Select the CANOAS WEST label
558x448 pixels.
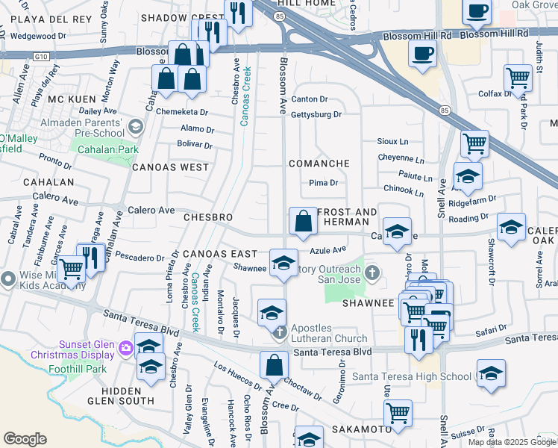coord(171,167)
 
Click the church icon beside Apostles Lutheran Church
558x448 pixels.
coord(279,332)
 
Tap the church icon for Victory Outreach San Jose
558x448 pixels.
coord(372,273)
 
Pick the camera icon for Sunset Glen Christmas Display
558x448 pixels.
coord(125,347)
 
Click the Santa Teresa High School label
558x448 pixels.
coord(412,376)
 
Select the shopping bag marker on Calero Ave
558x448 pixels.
coord(303,221)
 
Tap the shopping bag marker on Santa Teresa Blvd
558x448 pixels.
coord(275,365)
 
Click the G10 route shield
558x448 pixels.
coord(41,55)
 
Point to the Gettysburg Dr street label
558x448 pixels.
coord(316,115)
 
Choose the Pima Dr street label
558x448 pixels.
coord(323,182)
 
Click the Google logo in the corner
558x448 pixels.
coord(25,439)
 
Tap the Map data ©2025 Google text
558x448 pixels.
coord(511,442)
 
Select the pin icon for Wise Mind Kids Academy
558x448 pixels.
coord(8,279)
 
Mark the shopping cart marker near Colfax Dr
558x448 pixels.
coord(517,77)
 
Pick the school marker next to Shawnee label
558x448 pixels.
coord(283,263)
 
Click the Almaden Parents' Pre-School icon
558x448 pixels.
coord(135,127)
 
